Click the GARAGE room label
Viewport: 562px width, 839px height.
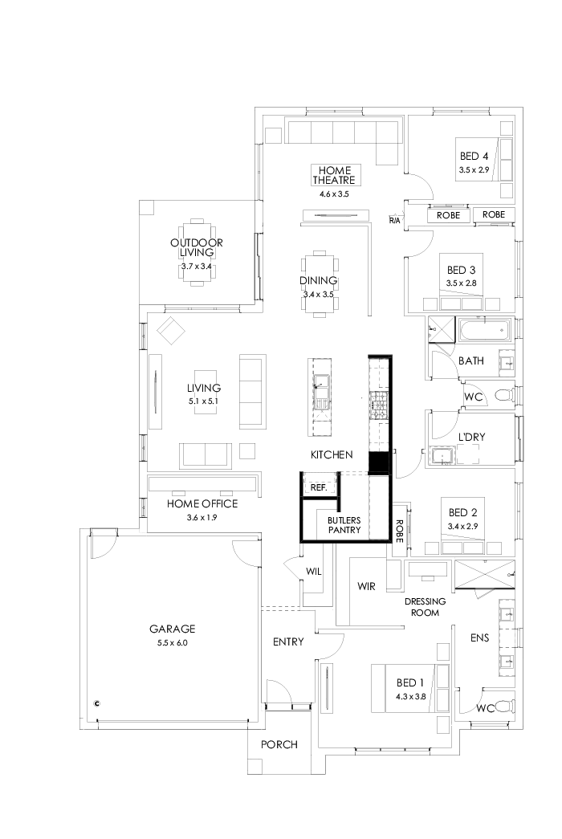click(172, 629)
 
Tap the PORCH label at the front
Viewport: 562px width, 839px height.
click(279, 745)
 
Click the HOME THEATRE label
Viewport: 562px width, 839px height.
click(336, 175)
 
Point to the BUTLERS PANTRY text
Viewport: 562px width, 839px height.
click(344, 525)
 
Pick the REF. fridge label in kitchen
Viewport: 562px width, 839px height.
click(318, 487)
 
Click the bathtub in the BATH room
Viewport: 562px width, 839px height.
click(483, 329)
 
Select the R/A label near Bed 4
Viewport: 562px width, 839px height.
click(395, 219)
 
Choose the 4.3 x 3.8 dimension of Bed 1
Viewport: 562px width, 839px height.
click(409, 696)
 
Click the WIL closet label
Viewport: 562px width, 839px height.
click(314, 572)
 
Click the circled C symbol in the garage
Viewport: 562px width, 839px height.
click(97, 703)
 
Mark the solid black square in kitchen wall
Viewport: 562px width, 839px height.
click(378, 463)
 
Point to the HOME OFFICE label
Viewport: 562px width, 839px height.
click(202, 503)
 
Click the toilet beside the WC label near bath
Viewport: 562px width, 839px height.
click(502, 395)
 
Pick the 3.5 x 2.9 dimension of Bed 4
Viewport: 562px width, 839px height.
click(474, 169)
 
